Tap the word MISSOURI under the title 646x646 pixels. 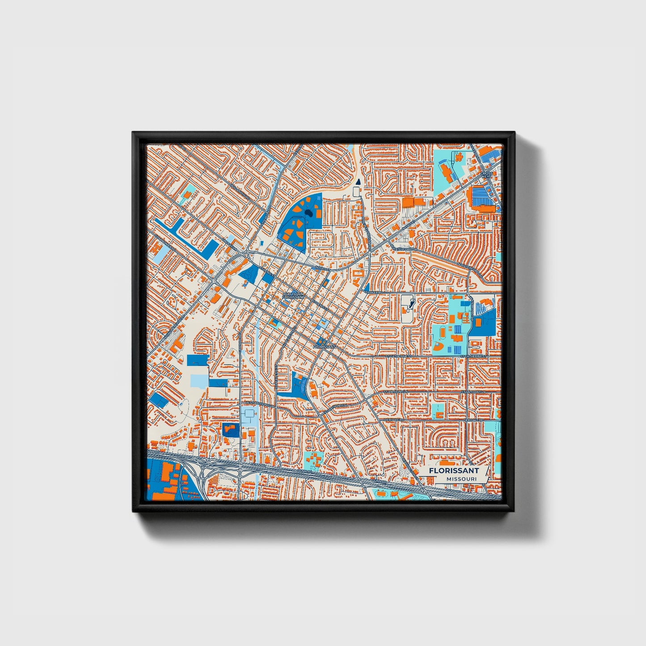coord(460,479)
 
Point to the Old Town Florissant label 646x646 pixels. coord(293,296)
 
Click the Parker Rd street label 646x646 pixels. coord(375,292)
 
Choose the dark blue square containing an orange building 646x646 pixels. coord(231,430)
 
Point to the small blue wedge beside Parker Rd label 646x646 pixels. coord(367,287)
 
